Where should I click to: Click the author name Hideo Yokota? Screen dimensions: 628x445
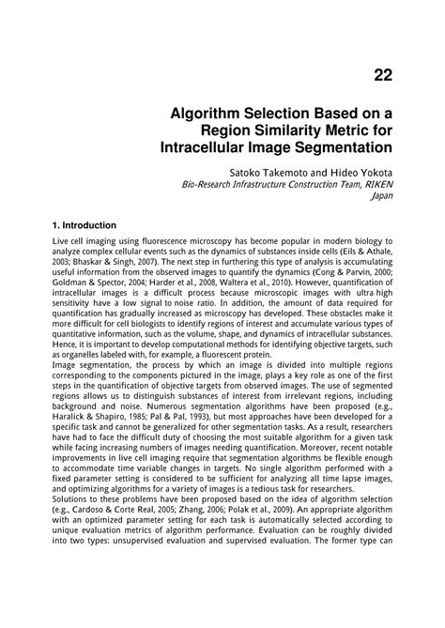361,173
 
